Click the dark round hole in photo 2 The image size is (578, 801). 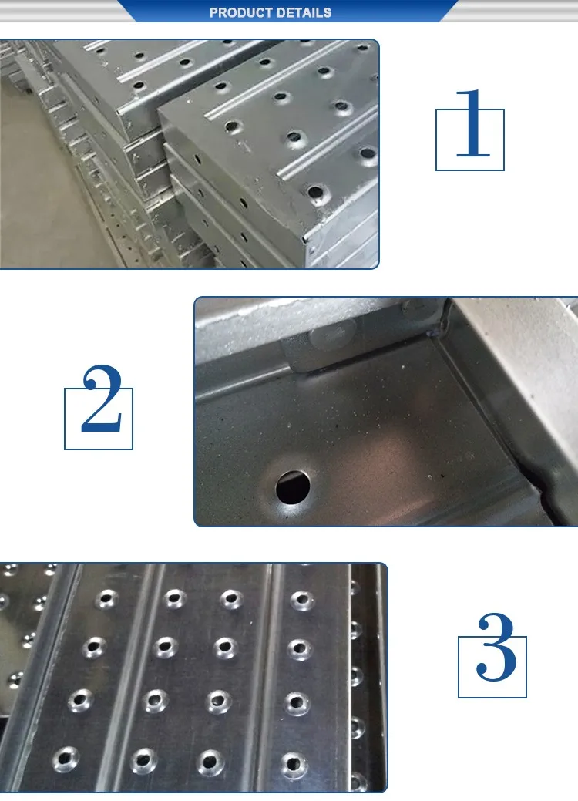pyautogui.click(x=293, y=486)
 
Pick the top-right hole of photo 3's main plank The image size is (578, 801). pyautogui.click(x=301, y=598)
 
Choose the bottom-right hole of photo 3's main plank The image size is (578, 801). pyautogui.click(x=293, y=763)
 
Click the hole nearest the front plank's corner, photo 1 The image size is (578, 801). pyautogui.click(x=314, y=191)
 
